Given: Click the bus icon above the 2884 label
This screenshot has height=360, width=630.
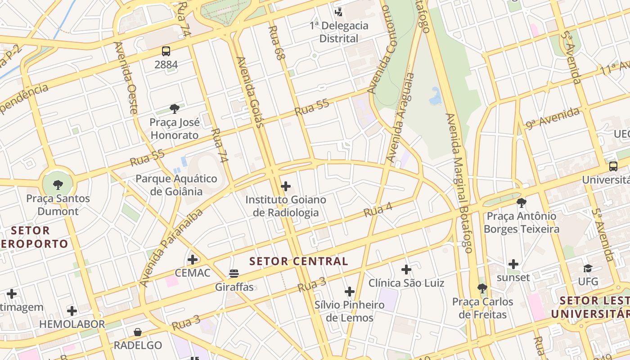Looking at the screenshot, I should point(166,51).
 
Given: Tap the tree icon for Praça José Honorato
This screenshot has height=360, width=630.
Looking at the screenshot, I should point(175,108).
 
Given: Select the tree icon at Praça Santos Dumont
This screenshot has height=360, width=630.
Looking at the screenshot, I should point(58,184).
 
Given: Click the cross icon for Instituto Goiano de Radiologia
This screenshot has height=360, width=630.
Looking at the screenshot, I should point(286,186).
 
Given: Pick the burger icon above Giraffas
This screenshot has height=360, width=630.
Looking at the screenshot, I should point(234,273).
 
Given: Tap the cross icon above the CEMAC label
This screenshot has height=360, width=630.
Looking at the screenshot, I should point(193,259).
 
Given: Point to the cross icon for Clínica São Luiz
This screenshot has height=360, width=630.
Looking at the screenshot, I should point(406,269).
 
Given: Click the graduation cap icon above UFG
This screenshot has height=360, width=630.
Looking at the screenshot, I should point(588,268).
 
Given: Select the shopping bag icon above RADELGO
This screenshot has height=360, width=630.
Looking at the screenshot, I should point(138,332).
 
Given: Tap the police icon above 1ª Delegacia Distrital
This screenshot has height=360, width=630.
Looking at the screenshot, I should point(338,12).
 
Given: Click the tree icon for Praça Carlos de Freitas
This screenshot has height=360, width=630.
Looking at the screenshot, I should point(482,288).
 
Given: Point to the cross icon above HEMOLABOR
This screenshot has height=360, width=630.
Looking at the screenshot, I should point(72,310).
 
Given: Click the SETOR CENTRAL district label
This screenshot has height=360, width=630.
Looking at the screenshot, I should point(299,261).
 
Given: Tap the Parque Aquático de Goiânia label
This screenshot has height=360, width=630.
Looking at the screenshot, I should point(176,185).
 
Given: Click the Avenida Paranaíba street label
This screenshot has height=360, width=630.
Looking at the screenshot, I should point(171,248).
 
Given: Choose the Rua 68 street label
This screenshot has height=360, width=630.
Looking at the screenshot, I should point(277,43).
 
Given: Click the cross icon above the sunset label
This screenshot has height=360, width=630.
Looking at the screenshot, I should point(513,264).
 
